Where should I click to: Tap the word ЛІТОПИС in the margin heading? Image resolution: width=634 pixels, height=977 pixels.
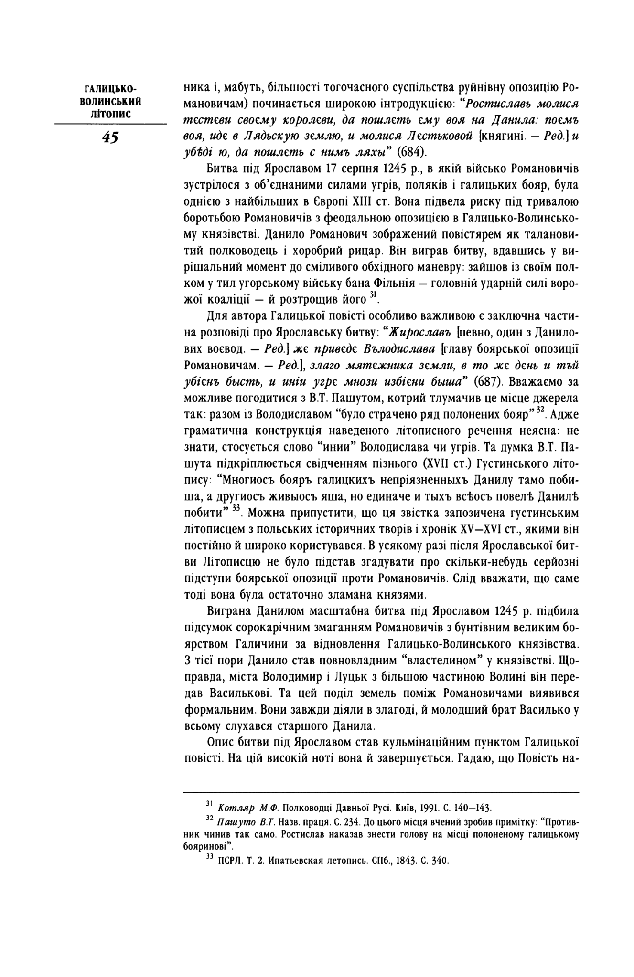click(110, 114)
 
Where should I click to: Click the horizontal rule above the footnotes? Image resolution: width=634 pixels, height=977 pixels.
click(381, 793)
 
